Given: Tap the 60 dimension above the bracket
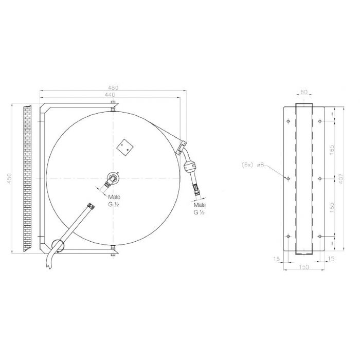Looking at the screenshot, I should pos(304,92).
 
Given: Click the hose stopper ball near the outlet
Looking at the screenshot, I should pos(190,167).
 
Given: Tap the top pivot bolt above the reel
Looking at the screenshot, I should pos(112,106).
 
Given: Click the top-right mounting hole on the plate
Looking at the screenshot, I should pos(320,122).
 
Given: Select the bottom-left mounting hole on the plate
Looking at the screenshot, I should pos(287,236).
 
